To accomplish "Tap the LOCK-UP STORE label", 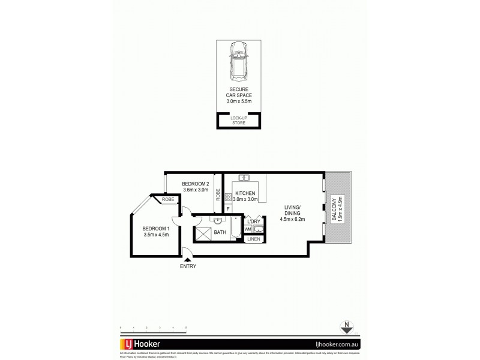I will (x=239, y=121).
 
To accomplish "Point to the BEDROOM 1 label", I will (x=156, y=232).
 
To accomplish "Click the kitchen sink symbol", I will (x=244, y=178).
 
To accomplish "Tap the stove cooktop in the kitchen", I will (x=228, y=196).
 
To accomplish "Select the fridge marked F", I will (x=228, y=209).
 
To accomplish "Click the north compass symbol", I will (x=347, y=327).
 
